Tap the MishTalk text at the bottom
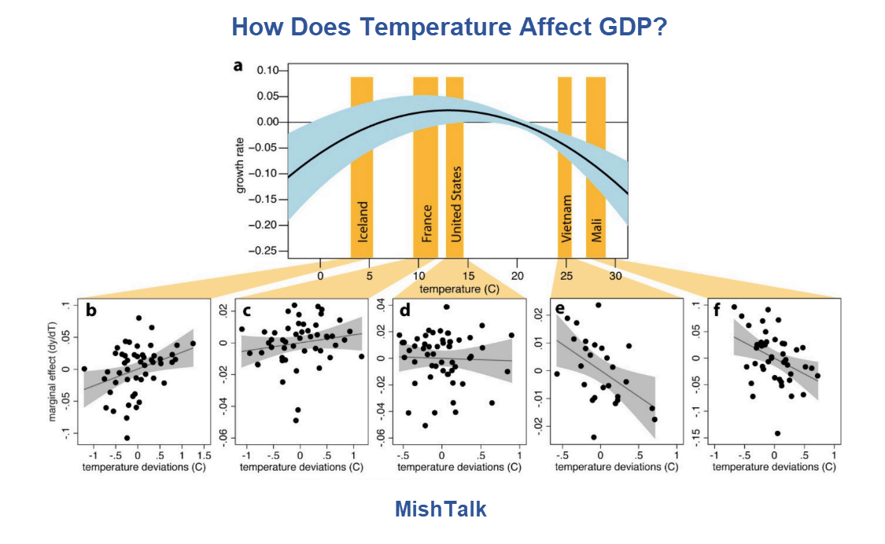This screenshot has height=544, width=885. (x=441, y=509)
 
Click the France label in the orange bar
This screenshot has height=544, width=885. (x=426, y=223)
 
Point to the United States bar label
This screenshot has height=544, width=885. (x=455, y=204)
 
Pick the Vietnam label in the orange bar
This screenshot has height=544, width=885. (x=565, y=220)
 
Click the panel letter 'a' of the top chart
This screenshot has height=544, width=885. (x=238, y=65)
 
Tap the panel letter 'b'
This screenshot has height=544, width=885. (x=92, y=311)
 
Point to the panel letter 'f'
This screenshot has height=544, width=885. (x=717, y=310)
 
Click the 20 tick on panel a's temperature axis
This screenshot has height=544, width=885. (x=518, y=276)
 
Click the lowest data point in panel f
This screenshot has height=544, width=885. (x=777, y=433)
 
